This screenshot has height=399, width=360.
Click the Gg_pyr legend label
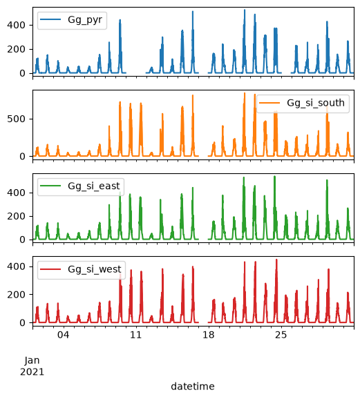(x=85, y=20)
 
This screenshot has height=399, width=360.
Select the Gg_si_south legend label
(x=316, y=103)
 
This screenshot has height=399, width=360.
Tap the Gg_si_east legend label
(x=94, y=186)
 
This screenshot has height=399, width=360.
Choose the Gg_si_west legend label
(x=95, y=269)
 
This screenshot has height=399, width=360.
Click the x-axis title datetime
(x=193, y=387)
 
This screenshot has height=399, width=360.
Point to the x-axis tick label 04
(x=63, y=335)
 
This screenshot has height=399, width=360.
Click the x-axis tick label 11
(x=135, y=335)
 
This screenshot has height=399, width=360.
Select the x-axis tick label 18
(x=209, y=335)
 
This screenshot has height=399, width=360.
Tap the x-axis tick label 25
(x=281, y=335)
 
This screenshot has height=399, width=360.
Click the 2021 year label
(x=32, y=372)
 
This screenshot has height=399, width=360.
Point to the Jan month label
(x=32, y=360)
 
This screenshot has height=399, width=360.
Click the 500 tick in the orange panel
(x=17, y=119)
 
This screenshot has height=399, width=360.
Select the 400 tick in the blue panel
(x=17, y=25)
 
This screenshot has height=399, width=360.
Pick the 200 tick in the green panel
(x=17, y=216)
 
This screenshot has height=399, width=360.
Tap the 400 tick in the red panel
(x=17, y=266)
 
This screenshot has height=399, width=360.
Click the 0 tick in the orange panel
(x=22, y=156)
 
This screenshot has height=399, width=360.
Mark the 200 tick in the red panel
(x=17, y=295)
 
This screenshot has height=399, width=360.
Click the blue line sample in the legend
(x=50, y=19)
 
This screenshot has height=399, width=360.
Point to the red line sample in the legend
(x=50, y=269)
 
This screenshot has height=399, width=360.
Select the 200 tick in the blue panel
(x=17, y=50)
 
